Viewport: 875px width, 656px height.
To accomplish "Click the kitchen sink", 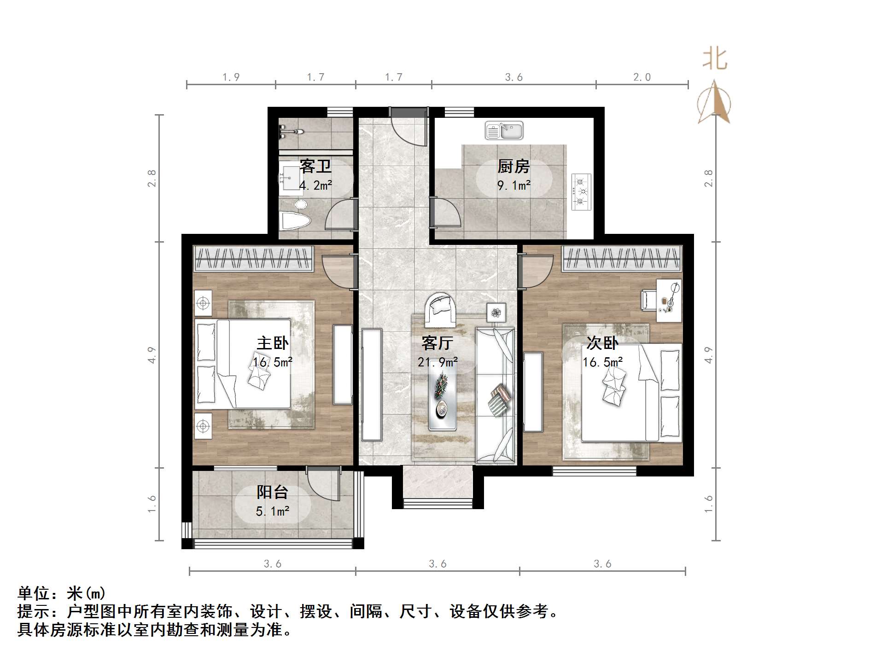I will [504, 131].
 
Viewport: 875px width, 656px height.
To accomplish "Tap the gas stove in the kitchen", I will [582, 192].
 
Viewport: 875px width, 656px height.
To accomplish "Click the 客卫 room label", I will [315, 166].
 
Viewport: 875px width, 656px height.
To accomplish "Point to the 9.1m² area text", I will [513, 186].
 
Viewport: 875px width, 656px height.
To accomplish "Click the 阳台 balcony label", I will [272, 492].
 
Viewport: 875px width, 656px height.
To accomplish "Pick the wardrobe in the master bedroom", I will [253, 258].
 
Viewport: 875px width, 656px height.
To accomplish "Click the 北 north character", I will [714, 59].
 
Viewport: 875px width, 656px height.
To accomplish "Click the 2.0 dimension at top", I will [642, 77].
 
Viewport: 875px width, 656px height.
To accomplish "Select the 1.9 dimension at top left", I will [231, 77].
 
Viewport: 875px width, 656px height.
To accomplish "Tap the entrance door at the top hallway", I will [408, 126].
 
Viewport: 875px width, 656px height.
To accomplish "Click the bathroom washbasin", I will [289, 178].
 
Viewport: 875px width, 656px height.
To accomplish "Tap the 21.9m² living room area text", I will [437, 362].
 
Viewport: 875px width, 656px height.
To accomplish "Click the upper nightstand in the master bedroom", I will [203, 303].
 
